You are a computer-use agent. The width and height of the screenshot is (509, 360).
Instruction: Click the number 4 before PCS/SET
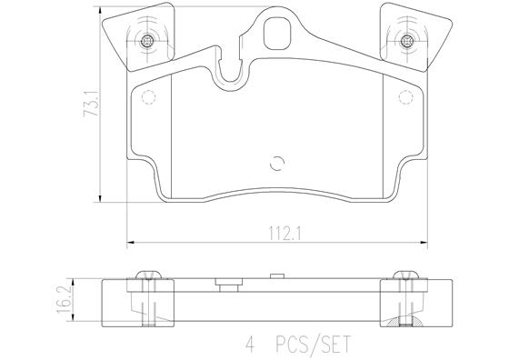click(x=248, y=345)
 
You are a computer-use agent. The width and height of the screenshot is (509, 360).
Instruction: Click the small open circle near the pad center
click(x=278, y=164)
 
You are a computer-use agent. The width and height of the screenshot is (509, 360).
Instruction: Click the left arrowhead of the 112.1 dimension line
click(x=130, y=241)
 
